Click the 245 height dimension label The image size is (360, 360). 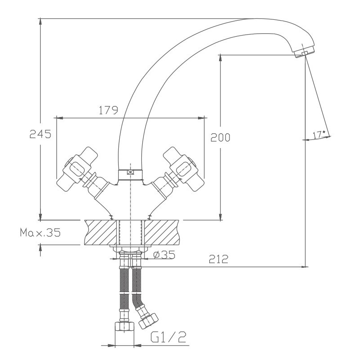pos(40,134)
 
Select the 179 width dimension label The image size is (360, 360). pos(108,110)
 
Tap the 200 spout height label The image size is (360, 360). pos(220,137)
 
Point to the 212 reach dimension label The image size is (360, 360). pos(218,259)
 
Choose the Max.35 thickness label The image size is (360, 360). pos(40,233)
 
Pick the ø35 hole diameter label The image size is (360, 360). pos(164,255)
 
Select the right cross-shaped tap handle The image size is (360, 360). pos(184,168)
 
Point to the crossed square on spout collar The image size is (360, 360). pos(130,172)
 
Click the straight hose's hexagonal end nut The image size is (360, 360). pos(124,327)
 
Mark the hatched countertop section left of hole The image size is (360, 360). pos(100,232)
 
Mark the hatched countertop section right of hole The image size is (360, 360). pos(162,232)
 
